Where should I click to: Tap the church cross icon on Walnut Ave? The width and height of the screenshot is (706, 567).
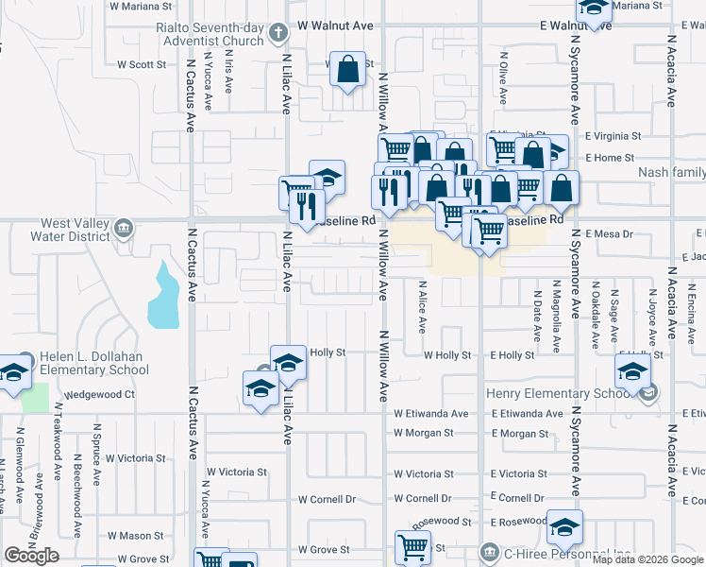coord(277,33)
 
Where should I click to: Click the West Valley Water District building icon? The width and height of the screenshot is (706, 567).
coord(124,229)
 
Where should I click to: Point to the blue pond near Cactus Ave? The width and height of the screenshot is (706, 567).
coord(162,298)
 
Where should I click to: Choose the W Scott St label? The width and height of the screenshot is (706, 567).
coord(142,65)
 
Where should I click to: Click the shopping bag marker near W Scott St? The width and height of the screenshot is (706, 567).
coord(348,70)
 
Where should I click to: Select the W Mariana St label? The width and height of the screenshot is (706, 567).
coord(143,6)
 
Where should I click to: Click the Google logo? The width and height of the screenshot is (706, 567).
coord(31,556)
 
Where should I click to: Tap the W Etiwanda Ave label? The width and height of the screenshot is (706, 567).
coord(431,414)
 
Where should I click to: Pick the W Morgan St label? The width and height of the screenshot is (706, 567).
coord(424,433)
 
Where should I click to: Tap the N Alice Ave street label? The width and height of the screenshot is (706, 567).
coord(422,307)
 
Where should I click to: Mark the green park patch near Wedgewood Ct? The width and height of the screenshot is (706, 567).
coord(34,397)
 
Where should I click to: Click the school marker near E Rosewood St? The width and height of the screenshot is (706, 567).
coord(564,527)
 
